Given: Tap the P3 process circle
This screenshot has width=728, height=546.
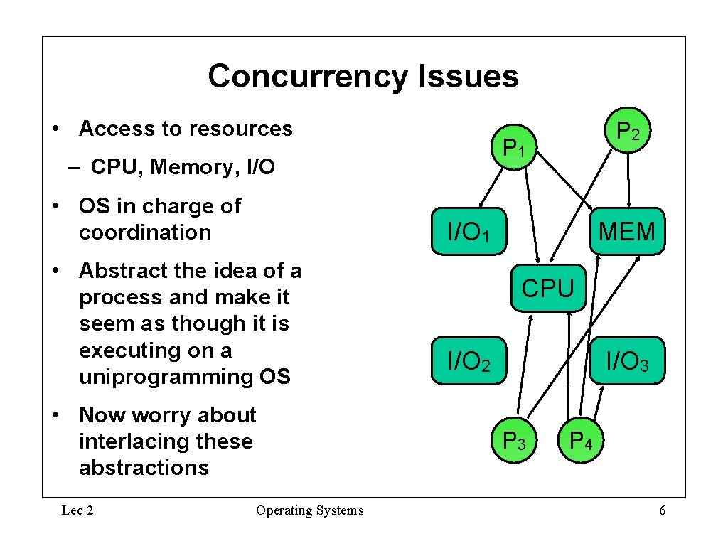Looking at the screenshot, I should click(514, 441).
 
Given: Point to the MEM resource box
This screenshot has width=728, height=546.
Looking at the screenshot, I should click(627, 231).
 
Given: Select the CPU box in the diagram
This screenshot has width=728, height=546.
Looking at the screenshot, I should click(548, 288).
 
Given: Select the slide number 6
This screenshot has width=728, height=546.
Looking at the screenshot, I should click(663, 510).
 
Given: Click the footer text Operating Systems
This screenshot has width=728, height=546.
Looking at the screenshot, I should click(309, 510).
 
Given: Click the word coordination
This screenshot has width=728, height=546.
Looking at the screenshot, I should click(145, 232).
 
